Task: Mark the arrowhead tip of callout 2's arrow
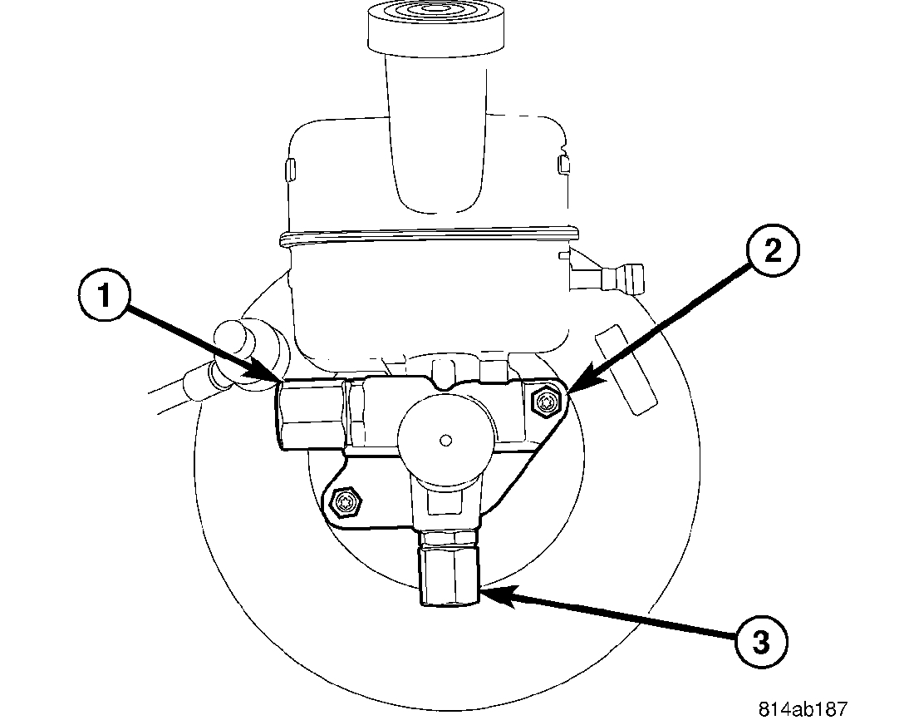[571, 390]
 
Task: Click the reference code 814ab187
[802, 710]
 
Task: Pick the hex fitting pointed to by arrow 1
[312, 413]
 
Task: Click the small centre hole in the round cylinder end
[445, 438]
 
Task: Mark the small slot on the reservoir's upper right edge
[563, 163]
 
